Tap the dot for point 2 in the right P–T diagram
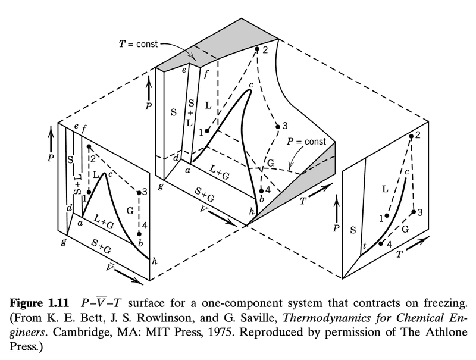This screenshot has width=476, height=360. (411, 137)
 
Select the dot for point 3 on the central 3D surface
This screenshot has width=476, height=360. (277, 126)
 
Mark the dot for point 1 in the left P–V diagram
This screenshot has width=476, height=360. (89, 192)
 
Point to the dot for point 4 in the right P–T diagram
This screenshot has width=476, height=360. (381, 243)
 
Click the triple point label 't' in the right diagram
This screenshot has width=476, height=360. (364, 246)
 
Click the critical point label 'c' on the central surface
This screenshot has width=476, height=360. (251, 85)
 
